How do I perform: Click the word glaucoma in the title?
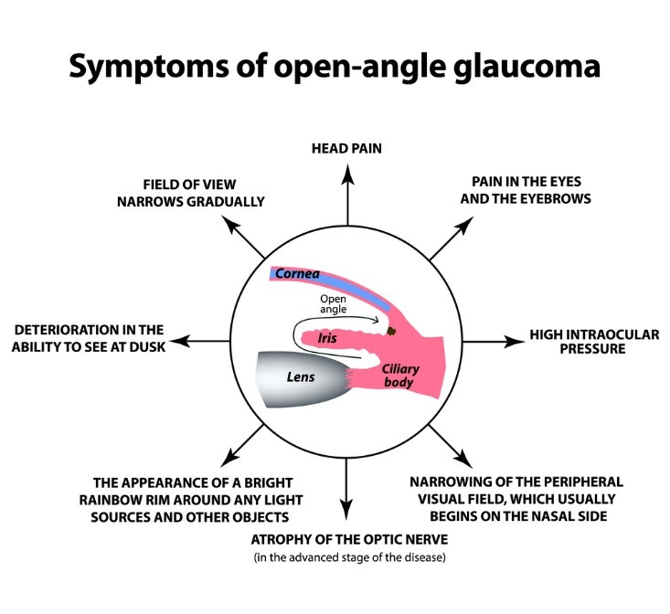526,68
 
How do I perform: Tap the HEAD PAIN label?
346,149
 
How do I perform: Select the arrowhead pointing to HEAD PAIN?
347,175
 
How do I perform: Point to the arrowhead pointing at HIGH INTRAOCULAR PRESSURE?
514,341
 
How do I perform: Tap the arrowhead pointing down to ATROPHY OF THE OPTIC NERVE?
346,510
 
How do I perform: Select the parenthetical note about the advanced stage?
349,557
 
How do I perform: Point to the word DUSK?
147,346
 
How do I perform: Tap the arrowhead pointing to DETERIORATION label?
180,341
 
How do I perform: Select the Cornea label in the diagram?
297,274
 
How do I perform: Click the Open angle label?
334,303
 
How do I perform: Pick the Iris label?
327,338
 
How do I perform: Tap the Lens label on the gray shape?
301,377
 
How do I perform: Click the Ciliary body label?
400,376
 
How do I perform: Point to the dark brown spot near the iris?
391,331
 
